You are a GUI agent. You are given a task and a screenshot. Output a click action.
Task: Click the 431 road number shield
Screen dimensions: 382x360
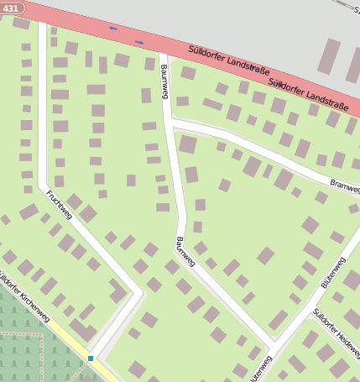tap(11, 7)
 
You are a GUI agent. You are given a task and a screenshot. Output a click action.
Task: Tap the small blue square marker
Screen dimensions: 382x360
tap(91, 358)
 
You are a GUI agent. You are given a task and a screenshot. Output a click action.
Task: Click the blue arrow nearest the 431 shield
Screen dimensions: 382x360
tap(113, 29)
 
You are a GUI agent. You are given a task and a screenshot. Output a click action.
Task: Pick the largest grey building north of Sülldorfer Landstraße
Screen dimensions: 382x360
tap(328, 55)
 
